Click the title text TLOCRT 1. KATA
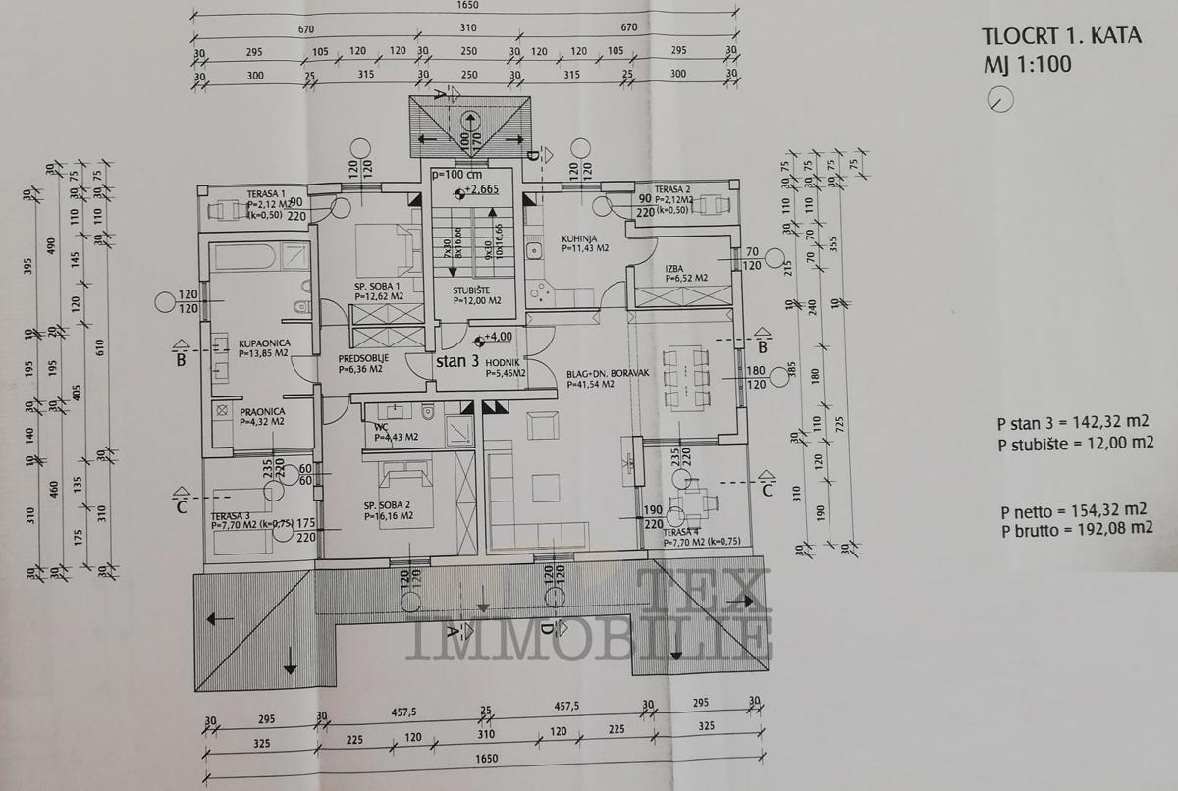tap(1060, 37)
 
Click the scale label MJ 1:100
tap(1026, 65)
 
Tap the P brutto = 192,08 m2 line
tap(1076, 529)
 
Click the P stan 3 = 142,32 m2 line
tap(1072, 424)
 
